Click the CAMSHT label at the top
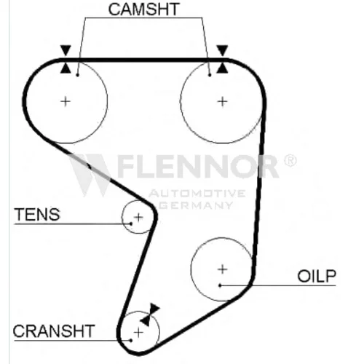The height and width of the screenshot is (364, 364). pyautogui.click(x=143, y=9)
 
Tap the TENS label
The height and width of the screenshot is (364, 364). pyautogui.click(x=37, y=215)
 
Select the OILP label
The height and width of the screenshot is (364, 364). pyautogui.click(x=317, y=276)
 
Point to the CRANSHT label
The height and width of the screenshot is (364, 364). pyautogui.click(x=54, y=331)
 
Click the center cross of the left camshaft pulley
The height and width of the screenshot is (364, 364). pyautogui.click(x=66, y=101)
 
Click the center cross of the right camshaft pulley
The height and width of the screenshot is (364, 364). pyautogui.click(x=222, y=101)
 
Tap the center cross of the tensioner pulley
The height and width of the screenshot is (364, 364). pyautogui.click(x=138, y=217)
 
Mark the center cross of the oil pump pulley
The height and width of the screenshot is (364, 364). pyautogui.click(x=222, y=269)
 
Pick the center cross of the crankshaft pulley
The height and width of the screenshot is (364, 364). pyautogui.click(x=138, y=332)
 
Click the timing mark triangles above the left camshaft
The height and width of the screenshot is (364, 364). pyautogui.click(x=66, y=59)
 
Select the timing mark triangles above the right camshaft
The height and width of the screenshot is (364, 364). pyautogui.click(x=222, y=59)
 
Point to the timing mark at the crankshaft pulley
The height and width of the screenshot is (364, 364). pyautogui.click(x=150, y=314)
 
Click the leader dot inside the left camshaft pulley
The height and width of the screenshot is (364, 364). pyautogui.click(x=77, y=75)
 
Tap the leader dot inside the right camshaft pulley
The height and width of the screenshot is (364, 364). pyautogui.click(x=210, y=75)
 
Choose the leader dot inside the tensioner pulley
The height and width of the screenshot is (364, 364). pyautogui.click(x=131, y=223)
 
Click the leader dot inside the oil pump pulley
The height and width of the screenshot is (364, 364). pyautogui.click(x=220, y=285)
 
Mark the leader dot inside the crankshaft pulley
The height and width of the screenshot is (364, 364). pyautogui.click(x=131, y=341)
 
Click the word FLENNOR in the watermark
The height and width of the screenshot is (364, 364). pyautogui.click(x=198, y=167)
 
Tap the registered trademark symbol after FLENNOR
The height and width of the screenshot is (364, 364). pyautogui.click(x=290, y=160)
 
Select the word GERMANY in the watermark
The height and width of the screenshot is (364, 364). pyautogui.click(x=196, y=205)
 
